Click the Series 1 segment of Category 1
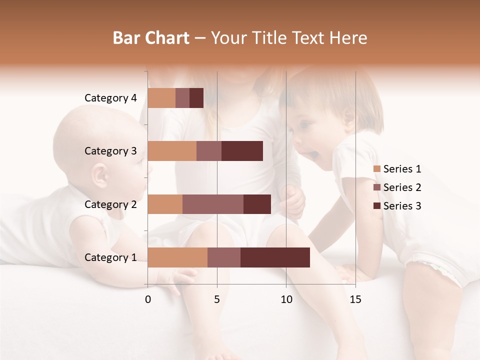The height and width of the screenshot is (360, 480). pyautogui.click(x=177, y=257)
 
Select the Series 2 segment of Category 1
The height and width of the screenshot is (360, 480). pyautogui.click(x=223, y=257)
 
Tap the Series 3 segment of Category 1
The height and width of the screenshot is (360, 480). pyautogui.click(x=275, y=257)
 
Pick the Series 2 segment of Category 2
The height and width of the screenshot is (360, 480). pyautogui.click(x=213, y=204)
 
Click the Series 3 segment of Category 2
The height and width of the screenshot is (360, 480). pyautogui.click(x=257, y=204)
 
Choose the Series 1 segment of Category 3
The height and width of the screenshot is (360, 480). pyautogui.click(x=172, y=151)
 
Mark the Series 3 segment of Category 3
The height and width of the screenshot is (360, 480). pyautogui.click(x=242, y=151)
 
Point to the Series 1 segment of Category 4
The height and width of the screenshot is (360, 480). pyautogui.click(x=161, y=98)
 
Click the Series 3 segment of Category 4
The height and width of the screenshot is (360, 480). pyautogui.click(x=196, y=98)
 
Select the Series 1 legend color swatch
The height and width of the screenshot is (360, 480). pyautogui.click(x=377, y=169)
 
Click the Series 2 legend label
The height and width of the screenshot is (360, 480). pyautogui.click(x=402, y=187)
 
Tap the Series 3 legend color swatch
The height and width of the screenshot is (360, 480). pyautogui.click(x=377, y=206)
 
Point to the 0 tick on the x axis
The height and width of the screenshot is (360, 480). pyautogui.click(x=148, y=299)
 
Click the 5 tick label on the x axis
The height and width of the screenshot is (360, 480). pyautogui.click(x=217, y=299)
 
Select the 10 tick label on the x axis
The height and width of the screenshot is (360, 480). pyautogui.click(x=286, y=299)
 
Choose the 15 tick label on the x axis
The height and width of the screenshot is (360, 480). pyautogui.click(x=355, y=299)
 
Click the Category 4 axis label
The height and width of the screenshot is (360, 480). pyautogui.click(x=110, y=98)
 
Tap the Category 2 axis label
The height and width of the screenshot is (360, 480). pyautogui.click(x=110, y=204)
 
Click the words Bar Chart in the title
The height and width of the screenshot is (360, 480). pyautogui.click(x=151, y=38)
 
